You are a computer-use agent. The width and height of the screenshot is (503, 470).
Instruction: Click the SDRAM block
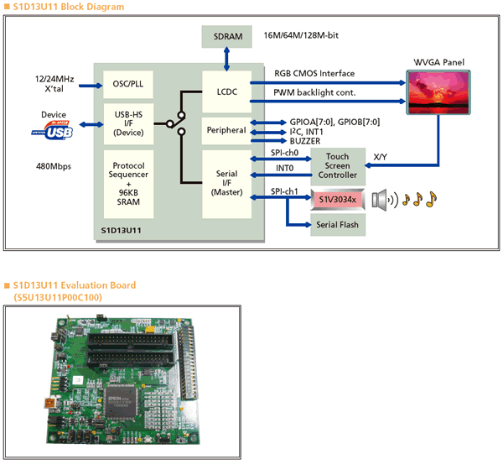tap(227, 37)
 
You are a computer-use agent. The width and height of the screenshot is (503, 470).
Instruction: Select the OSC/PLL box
tap(128, 84)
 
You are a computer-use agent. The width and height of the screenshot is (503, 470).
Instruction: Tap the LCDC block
tap(227, 91)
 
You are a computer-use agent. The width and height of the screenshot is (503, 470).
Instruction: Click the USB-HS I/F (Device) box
tap(128, 123)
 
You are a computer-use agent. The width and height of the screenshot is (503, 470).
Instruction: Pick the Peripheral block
tap(226, 131)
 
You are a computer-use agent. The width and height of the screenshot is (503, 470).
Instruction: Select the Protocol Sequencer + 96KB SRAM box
tap(128, 184)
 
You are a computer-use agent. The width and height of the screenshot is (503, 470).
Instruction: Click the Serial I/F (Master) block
tap(227, 184)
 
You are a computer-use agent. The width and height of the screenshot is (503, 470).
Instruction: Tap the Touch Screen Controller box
tap(338, 166)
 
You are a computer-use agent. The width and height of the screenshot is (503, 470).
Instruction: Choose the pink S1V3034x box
tap(338, 200)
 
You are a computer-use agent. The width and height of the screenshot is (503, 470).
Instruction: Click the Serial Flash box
tap(338, 225)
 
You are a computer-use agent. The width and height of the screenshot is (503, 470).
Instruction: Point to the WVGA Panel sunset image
tap(438, 92)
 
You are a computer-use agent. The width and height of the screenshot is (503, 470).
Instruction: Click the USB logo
tap(53, 130)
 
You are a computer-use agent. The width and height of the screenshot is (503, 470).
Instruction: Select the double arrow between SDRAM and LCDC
tap(227, 59)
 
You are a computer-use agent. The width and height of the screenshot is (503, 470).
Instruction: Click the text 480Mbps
tap(54, 166)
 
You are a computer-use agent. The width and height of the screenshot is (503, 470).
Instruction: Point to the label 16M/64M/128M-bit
tap(301, 35)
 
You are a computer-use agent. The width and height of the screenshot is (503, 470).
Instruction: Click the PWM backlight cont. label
tap(314, 93)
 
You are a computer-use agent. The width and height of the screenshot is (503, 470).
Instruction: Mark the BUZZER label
tap(305, 141)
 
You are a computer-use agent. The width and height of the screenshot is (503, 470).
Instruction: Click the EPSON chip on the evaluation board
tap(121, 402)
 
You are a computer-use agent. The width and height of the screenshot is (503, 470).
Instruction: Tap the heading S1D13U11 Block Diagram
tap(69, 7)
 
